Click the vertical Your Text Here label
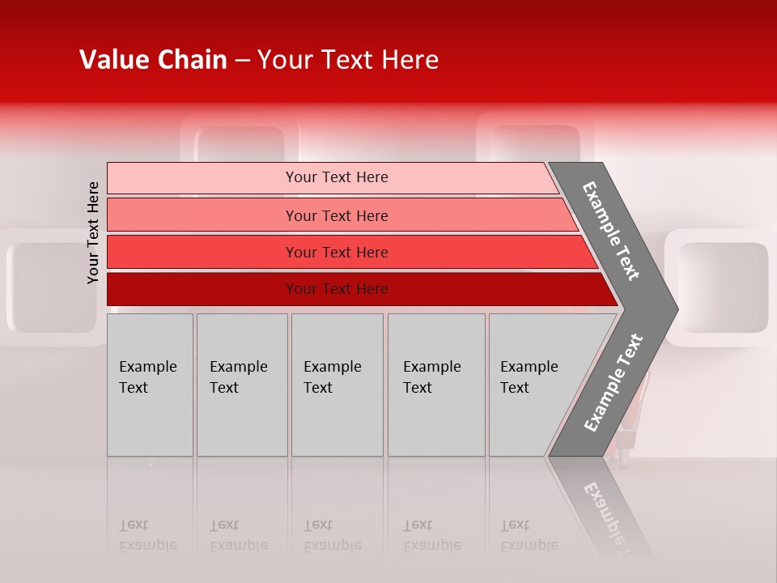[x=93, y=232]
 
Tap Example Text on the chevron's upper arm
[x=611, y=231]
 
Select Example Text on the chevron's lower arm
[x=613, y=382]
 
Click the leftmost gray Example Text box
[x=150, y=385]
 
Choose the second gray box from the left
[x=241, y=385]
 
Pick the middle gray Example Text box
[x=337, y=385]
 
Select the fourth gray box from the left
[x=436, y=385]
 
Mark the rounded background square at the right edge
[x=722, y=288]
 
